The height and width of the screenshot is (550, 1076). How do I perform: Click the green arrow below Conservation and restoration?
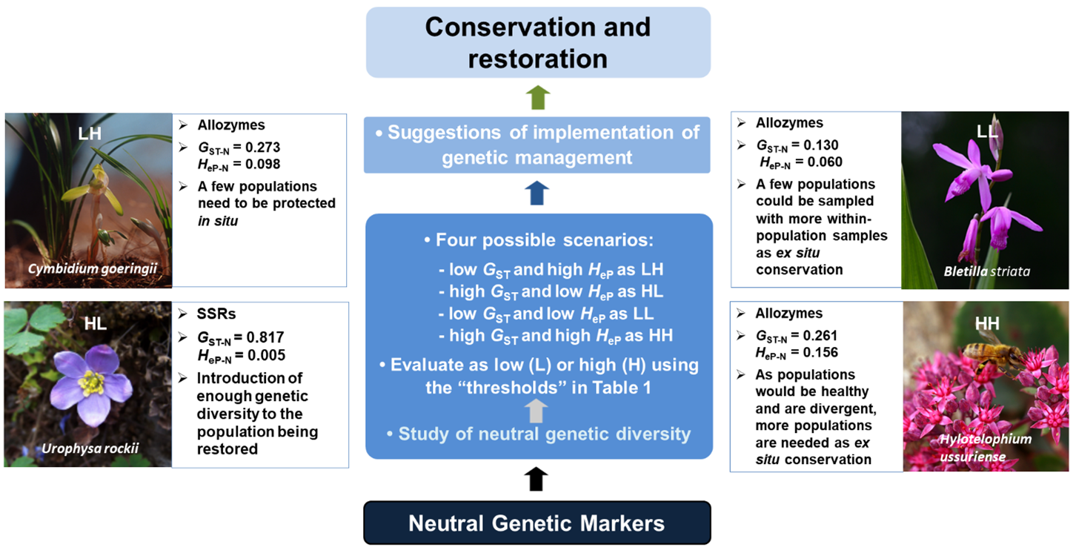[539, 97]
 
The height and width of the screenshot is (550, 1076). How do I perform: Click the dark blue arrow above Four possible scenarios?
[539, 193]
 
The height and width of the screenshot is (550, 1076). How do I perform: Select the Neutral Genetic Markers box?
[537, 523]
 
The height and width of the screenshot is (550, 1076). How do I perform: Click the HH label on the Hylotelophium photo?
[983, 323]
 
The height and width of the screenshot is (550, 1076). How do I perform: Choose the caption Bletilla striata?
[984, 271]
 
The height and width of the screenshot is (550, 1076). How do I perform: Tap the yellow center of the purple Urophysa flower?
[91, 385]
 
